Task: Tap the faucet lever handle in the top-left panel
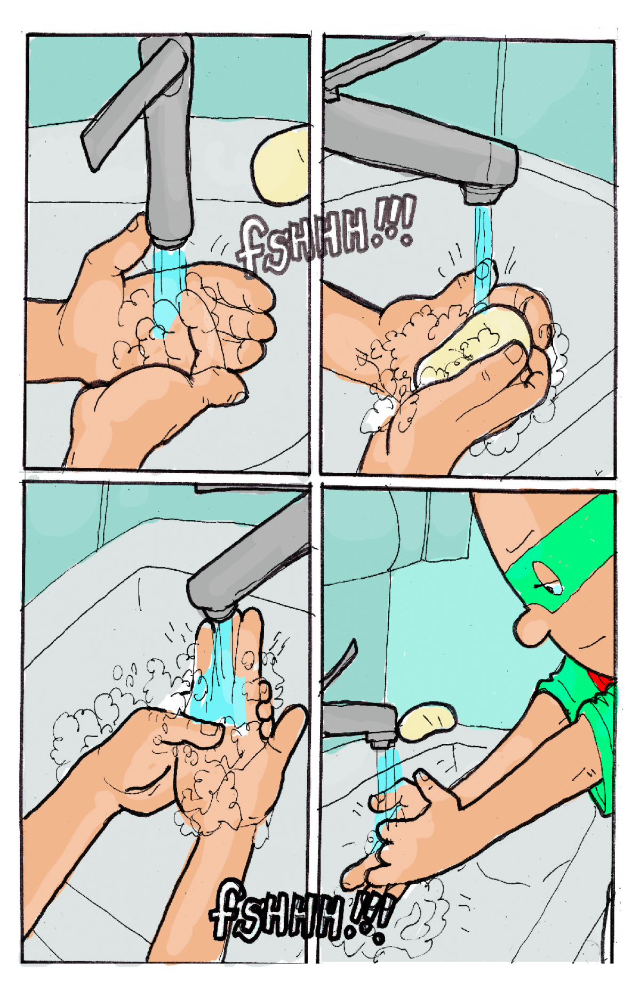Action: [133, 101]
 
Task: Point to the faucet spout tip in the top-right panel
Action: [483, 195]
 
